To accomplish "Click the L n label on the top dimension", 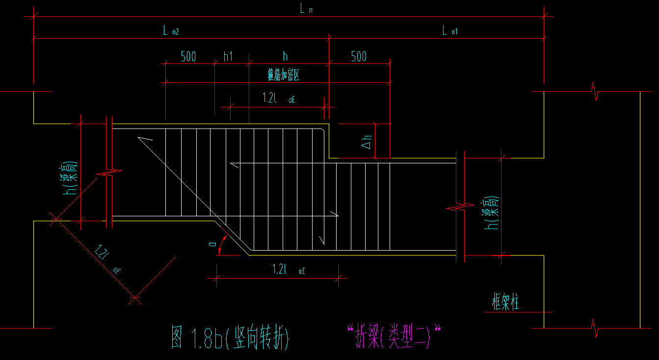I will (306, 8).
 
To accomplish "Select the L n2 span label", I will (171, 31).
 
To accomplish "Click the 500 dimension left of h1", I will (188, 56).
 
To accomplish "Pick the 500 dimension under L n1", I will (359, 56).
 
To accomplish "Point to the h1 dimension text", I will (228, 56).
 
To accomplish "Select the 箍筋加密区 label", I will (283, 75).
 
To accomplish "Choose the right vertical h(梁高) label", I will (492, 214).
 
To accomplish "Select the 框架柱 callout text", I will (505, 302).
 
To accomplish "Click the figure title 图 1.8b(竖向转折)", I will (230, 338).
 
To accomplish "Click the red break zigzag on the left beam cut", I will (112, 172).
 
